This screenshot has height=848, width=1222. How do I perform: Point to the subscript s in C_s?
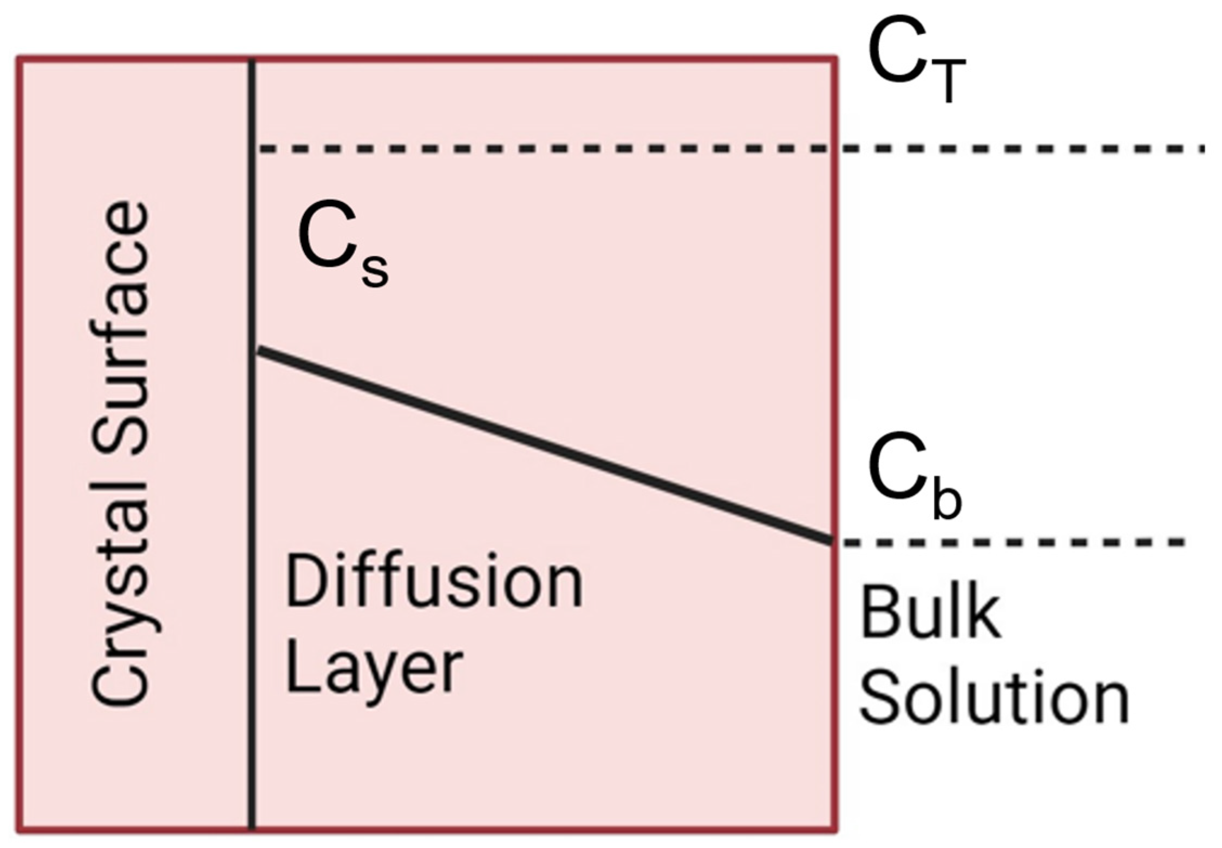pos(375,271)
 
